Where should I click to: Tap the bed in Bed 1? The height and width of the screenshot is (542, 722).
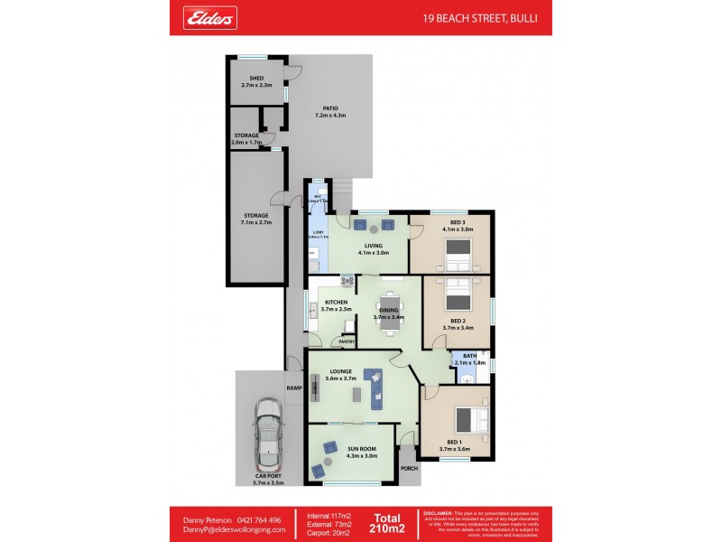(x=470, y=419)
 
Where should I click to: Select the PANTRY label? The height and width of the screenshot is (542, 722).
(x=345, y=342)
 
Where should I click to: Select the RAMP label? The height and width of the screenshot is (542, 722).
(x=294, y=388)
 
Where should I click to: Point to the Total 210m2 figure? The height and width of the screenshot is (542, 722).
(x=389, y=523)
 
